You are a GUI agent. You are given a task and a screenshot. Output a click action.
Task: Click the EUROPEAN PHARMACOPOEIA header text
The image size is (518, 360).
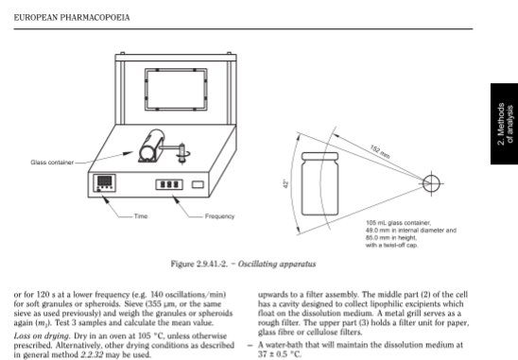coord(72,18)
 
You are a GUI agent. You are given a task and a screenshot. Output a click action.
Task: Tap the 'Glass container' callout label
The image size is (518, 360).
coord(52,163)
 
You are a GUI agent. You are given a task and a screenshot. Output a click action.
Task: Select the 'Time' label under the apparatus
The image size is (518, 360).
coord(141,216)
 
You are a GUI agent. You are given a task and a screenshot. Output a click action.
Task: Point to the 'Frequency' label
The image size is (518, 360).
coord(219,216)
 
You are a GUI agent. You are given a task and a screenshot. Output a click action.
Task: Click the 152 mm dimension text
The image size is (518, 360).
coord(380,151)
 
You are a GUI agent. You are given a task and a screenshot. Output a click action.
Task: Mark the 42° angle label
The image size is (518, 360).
coord(286,184)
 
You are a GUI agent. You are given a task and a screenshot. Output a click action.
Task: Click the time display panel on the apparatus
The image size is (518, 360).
coord(104,183)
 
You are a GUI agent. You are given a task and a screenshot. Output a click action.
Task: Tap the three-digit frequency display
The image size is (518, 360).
coord(169,184)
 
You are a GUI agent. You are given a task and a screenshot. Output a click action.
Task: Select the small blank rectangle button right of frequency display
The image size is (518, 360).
coord(198,184)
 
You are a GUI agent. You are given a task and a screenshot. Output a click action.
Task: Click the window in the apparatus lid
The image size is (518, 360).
coord(176,90)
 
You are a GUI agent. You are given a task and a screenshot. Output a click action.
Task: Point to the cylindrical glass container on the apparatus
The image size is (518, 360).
coord(151,146)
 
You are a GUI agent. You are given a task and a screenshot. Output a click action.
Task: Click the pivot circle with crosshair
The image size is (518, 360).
coord(431,183)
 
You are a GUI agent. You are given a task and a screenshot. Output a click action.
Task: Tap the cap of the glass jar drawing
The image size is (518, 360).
coord(319,156)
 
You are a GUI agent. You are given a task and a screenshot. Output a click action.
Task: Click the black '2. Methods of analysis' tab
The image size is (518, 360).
coord(504,124)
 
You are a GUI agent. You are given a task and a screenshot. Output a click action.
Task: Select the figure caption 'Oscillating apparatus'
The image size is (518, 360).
coord(277,265)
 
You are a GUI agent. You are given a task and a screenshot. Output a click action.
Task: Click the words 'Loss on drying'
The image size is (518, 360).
coord(42,336)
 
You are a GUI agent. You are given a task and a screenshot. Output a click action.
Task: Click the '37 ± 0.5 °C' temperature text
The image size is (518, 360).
coord(280,354)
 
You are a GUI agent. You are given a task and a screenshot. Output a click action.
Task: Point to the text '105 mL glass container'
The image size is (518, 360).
coord(398,223)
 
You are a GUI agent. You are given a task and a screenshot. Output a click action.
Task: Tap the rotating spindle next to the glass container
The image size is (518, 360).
coord(181,153)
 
